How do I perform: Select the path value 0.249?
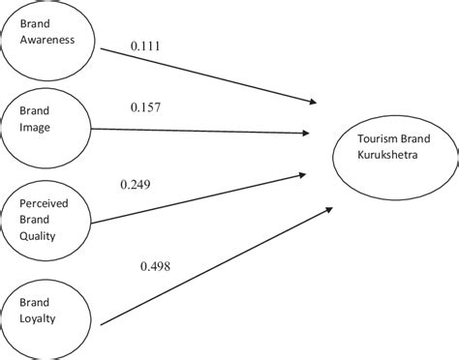click(137, 184)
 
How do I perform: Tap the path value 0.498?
click(157, 265)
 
